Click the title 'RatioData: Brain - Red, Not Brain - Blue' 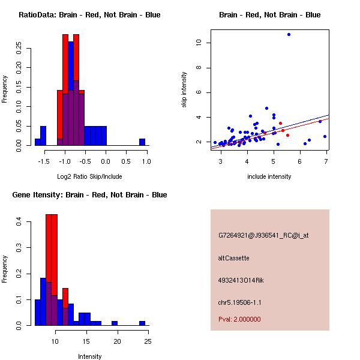point(89,14)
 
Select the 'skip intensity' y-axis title point(184,90)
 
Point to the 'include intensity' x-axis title point(269,176)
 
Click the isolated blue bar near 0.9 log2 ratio point(142,142)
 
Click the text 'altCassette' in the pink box point(233,258)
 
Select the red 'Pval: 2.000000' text point(239,319)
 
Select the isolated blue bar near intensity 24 point(142,323)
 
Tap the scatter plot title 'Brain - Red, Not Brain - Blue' point(269,14)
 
